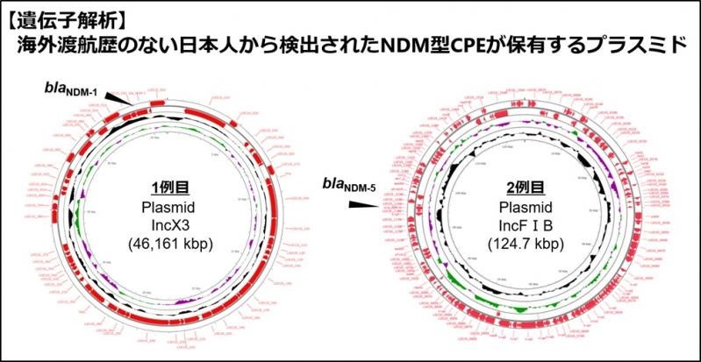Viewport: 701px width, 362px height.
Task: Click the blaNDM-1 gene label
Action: [75, 88]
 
